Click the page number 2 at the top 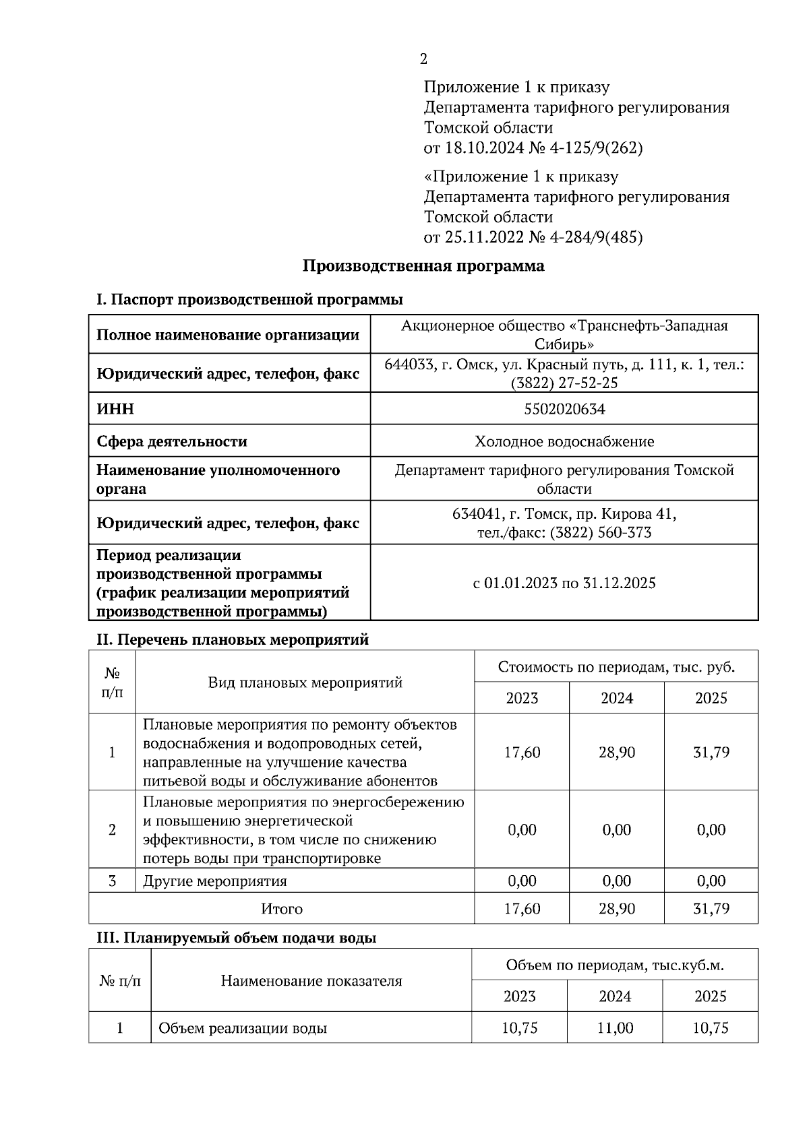[x=423, y=59]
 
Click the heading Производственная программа [x=423, y=265]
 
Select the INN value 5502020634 [x=564, y=409]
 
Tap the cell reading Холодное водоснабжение [x=564, y=441]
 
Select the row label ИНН [x=115, y=409]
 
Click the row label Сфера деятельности [x=172, y=441]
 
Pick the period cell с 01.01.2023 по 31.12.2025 [x=564, y=583]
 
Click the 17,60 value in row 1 [x=522, y=752]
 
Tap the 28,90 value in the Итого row [x=616, y=908]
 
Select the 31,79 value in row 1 [x=711, y=752]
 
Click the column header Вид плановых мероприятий [x=305, y=682]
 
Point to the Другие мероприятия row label [x=214, y=881]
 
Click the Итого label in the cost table [x=282, y=908]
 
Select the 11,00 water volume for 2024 [x=615, y=1028]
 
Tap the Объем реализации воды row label [x=243, y=1028]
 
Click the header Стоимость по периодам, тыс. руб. [x=616, y=667]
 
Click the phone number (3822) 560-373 [x=600, y=533]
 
